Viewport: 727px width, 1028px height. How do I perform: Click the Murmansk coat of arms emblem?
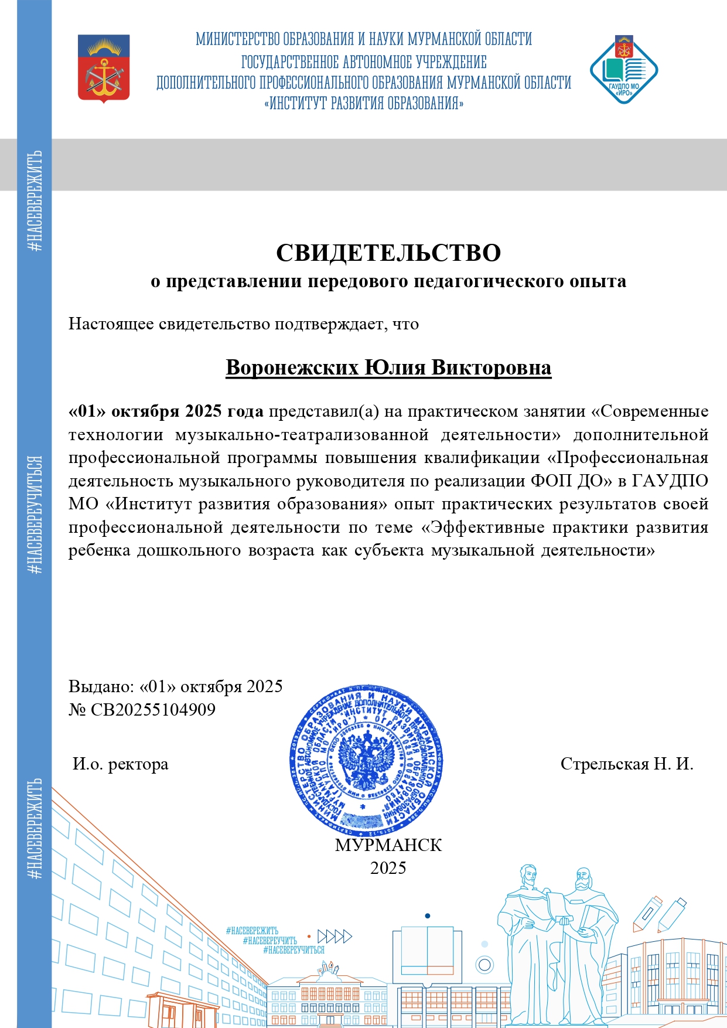[x=104, y=68]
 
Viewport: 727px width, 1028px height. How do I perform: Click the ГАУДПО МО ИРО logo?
[x=623, y=70]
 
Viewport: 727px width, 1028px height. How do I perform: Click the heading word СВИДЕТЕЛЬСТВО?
[x=388, y=253]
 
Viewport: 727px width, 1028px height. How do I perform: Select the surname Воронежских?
[x=292, y=367]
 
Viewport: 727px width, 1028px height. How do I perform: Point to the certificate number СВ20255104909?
[x=153, y=710]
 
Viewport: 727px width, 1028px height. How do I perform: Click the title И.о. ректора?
[x=121, y=764]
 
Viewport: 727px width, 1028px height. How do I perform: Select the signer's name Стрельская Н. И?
[x=626, y=764]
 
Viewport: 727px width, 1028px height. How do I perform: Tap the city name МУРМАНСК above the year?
[x=388, y=845]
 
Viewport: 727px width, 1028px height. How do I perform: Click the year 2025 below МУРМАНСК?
[x=388, y=868]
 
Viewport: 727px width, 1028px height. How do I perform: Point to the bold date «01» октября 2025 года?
[x=166, y=411]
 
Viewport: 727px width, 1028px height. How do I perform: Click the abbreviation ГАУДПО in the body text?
[x=670, y=481]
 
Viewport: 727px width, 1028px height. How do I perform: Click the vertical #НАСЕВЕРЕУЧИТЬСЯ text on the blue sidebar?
[x=35, y=515]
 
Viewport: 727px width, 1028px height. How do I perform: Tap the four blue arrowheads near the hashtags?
[x=335, y=936]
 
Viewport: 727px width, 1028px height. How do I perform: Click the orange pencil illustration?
[x=647, y=913]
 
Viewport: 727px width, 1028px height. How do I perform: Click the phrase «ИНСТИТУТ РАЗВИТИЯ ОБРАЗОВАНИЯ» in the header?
[x=364, y=104]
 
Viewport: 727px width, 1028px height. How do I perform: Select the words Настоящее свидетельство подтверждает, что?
[x=243, y=324]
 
